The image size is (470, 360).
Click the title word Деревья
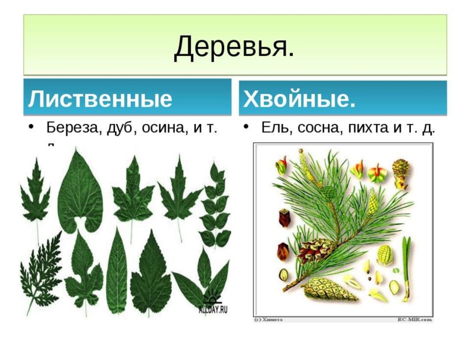coord(234,46)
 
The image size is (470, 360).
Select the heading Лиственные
coord(100,99)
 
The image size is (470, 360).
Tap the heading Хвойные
coord(299,99)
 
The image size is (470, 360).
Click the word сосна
coord(315,128)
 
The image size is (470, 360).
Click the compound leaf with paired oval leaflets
coord(215,205)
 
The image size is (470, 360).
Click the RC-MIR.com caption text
coord(415,319)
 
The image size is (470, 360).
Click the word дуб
coord(122,128)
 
